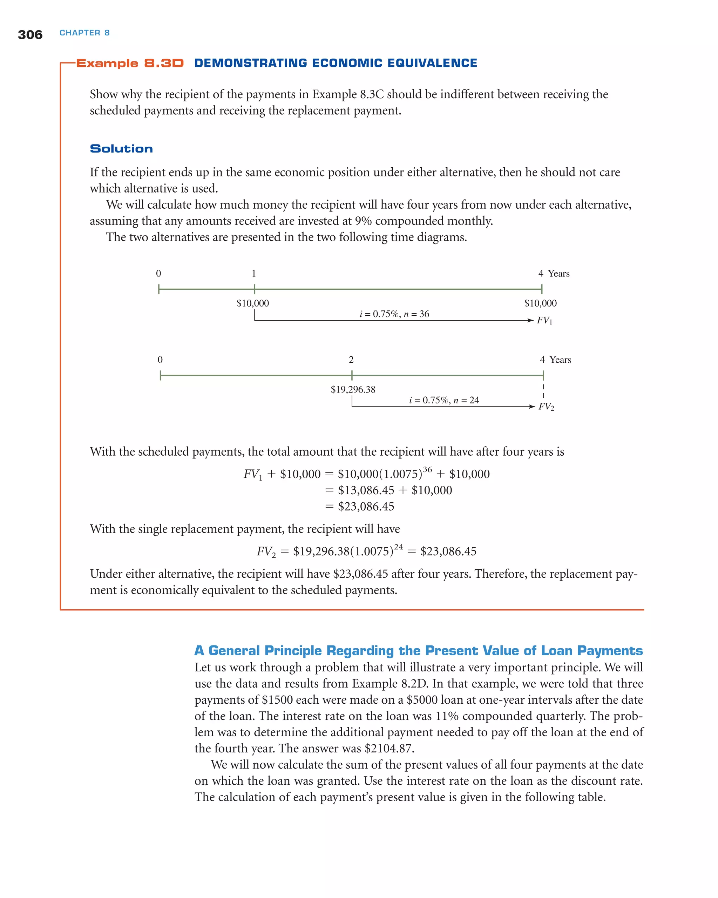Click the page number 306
point(30,35)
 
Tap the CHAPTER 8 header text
point(84,33)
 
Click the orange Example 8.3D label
point(130,63)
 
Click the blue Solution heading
point(121,149)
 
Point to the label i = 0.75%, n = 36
point(394,314)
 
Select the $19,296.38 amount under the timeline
point(353,389)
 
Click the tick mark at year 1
point(254,289)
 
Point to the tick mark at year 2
point(352,375)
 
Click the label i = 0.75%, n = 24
point(444,400)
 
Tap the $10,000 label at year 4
point(540,303)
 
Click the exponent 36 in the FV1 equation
point(427,470)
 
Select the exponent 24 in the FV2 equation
point(398,547)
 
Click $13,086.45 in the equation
point(366,490)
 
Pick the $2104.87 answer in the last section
point(389,749)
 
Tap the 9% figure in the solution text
point(363,221)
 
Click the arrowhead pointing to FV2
point(532,407)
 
